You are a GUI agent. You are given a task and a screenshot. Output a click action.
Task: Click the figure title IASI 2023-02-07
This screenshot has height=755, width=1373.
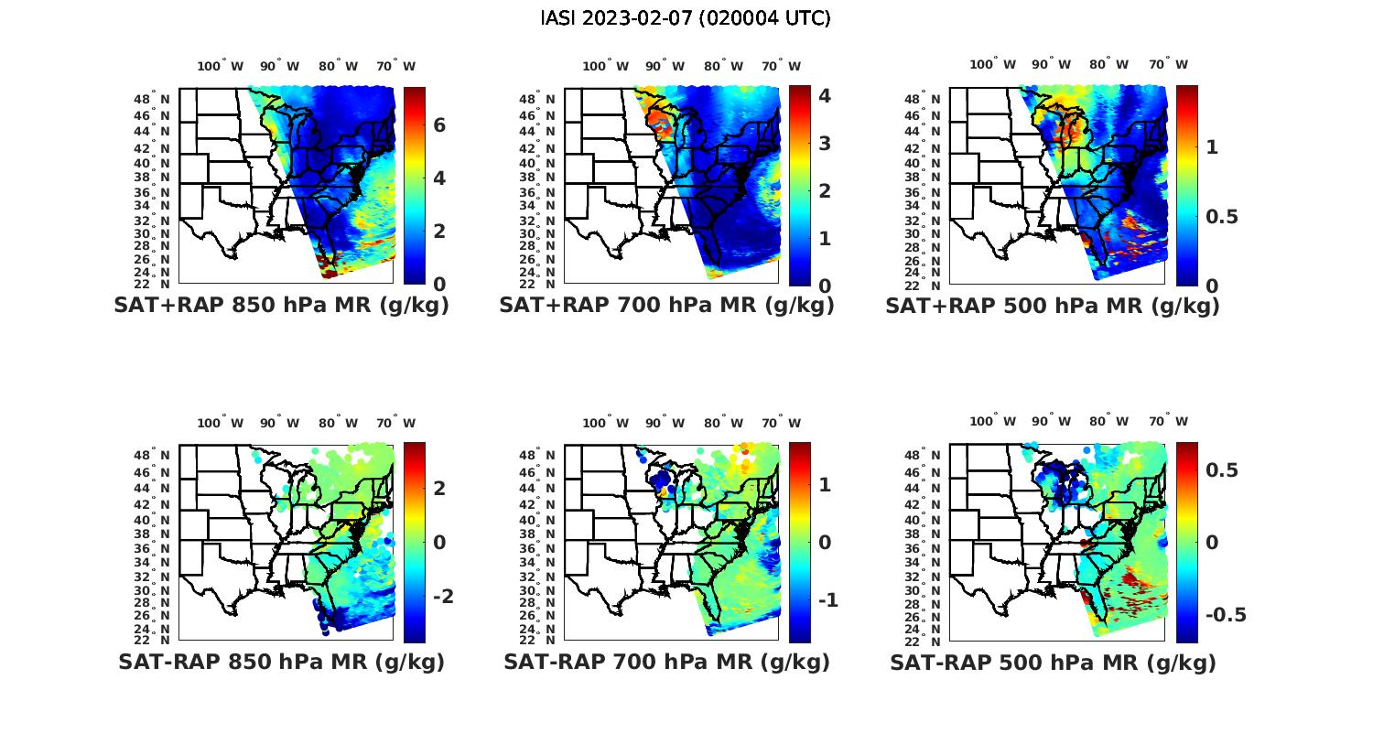pos(686,18)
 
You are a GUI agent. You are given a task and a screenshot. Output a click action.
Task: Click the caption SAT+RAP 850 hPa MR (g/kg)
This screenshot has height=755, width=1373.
pos(281,306)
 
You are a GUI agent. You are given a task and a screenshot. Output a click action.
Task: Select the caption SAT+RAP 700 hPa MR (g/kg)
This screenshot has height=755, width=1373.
pos(666,306)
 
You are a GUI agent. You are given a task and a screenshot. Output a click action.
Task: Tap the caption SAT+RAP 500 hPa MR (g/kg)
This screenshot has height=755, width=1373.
pos(1053,306)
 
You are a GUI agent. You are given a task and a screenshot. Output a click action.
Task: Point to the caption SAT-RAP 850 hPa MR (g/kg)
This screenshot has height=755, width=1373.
pos(281,662)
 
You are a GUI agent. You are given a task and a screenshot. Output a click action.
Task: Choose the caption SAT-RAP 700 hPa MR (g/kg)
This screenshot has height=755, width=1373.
pos(666,662)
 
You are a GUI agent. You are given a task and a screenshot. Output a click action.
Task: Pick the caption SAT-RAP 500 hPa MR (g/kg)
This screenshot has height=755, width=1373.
pos(1053,662)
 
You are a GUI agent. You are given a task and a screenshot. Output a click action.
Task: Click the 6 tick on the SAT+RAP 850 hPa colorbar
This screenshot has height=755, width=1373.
pos(439,124)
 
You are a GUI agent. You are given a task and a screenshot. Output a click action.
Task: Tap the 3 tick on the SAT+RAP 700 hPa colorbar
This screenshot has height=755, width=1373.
pos(825,143)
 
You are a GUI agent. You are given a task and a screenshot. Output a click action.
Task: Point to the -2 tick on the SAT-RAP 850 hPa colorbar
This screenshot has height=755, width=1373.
pos(439,596)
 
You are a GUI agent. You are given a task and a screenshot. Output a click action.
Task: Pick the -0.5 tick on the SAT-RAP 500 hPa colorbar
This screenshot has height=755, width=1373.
pos(1226,614)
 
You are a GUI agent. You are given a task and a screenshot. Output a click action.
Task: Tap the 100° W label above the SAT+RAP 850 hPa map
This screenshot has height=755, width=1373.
pos(220,66)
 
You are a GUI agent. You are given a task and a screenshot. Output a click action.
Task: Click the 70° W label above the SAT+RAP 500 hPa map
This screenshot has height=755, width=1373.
pos(1168,64)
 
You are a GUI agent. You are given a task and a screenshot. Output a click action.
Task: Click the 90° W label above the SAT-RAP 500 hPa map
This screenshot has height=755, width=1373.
pos(1050,422)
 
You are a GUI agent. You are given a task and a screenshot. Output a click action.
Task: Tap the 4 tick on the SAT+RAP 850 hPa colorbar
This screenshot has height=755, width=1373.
pos(439,178)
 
